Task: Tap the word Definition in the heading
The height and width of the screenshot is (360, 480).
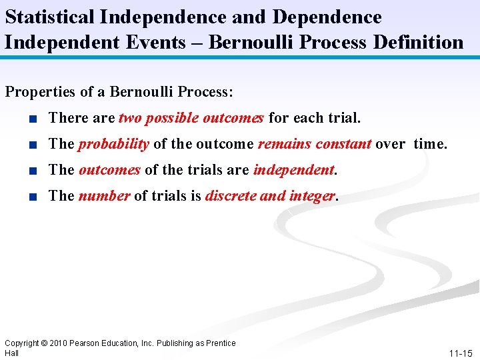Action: click(417, 42)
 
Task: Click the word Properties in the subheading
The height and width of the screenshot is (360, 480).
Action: click(37, 91)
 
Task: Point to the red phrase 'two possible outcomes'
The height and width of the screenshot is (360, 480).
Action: click(191, 118)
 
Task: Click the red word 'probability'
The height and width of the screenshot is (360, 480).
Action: click(113, 144)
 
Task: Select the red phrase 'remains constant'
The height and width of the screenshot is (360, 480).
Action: click(314, 144)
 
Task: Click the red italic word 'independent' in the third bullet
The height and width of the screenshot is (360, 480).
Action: click(293, 170)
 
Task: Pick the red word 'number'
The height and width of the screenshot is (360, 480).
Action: click(104, 196)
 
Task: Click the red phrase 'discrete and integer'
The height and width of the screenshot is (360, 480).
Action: click(271, 196)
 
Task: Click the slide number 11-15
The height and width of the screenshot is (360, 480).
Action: click(460, 353)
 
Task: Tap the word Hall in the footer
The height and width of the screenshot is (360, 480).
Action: click(11, 353)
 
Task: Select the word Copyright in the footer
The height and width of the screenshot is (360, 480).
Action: click(22, 343)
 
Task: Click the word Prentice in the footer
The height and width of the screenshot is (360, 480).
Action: click(220, 343)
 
